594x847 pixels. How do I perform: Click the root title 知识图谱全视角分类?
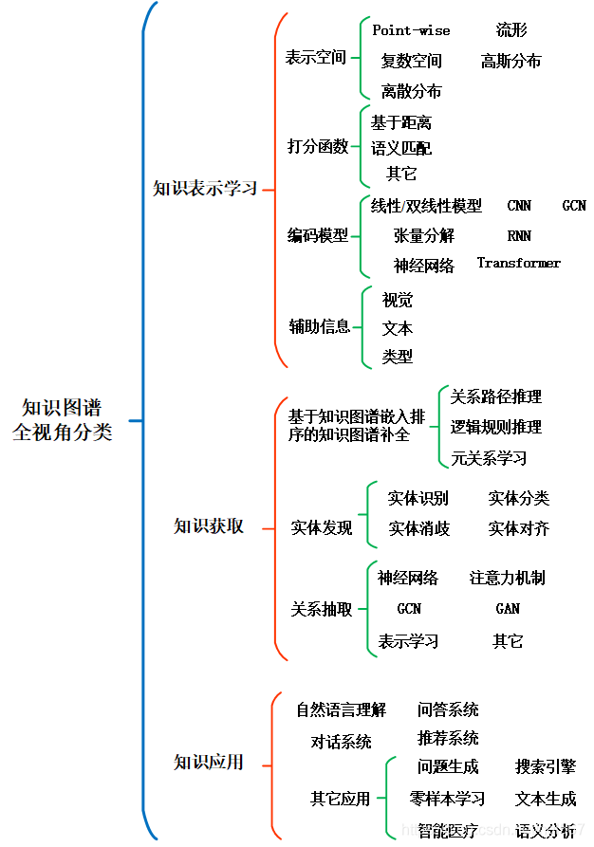pos(62,419)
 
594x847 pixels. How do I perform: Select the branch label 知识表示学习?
pos(205,188)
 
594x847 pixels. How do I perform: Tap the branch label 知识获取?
pos(209,525)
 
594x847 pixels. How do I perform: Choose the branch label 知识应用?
pos(209,762)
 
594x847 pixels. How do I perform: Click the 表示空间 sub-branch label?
pos(316,57)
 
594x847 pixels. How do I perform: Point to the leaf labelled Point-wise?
pos(411,30)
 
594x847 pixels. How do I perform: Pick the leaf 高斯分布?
pos(510,61)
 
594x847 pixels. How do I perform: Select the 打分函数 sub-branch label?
pos(318,146)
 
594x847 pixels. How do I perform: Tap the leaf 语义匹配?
pos(400,148)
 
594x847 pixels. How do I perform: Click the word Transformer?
pos(518,263)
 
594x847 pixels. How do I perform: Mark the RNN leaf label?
pos(519,235)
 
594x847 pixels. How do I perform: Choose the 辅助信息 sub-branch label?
pos(320,327)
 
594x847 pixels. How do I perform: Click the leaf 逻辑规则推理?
pos(495,427)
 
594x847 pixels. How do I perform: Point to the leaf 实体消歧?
pos(418,528)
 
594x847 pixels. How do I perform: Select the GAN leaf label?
pos(508,608)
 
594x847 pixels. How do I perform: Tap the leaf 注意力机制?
pos(507,578)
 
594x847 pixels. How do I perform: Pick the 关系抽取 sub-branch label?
pos(322,609)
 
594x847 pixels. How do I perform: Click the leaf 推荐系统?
pos(448,738)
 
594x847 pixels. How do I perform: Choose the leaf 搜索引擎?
pos(545,766)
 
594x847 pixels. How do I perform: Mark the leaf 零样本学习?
pos(447,799)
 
